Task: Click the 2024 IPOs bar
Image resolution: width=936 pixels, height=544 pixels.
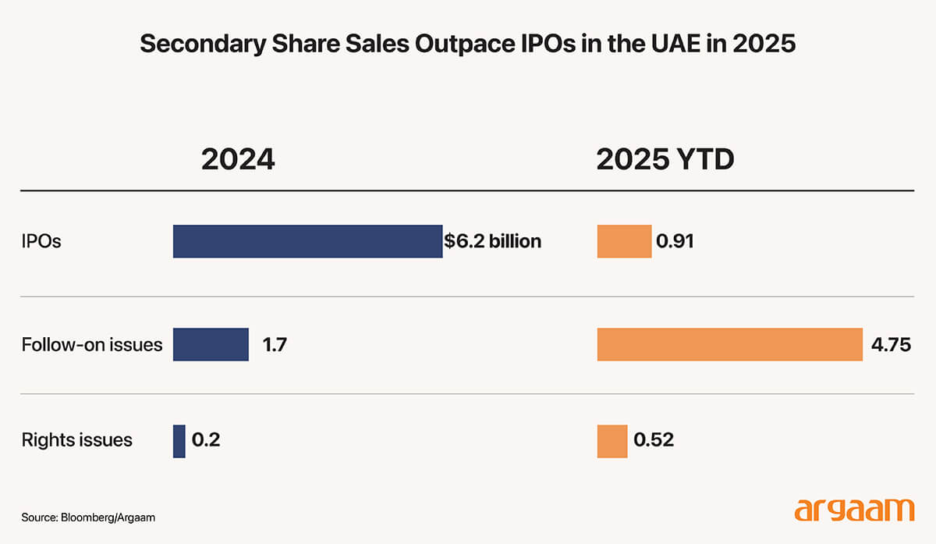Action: pyautogui.click(x=307, y=241)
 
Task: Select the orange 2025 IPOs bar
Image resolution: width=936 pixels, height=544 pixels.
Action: pyautogui.click(x=624, y=241)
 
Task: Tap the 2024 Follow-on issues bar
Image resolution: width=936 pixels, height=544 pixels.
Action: pyautogui.click(x=211, y=344)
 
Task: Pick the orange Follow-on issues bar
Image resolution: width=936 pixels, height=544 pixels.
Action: pyautogui.click(x=729, y=344)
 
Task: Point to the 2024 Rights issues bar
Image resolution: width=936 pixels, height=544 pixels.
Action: pyautogui.click(x=179, y=441)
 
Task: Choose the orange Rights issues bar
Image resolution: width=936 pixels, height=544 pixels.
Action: pyautogui.click(x=612, y=441)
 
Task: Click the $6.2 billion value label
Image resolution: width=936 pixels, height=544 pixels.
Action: pyautogui.click(x=492, y=241)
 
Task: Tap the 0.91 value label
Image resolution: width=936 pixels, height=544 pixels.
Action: pyautogui.click(x=675, y=241)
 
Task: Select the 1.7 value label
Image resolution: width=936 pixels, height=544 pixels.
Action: pyautogui.click(x=275, y=344)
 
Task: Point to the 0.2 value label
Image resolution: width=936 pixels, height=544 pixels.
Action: pyautogui.click(x=206, y=440)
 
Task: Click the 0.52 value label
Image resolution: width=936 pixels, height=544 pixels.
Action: pyautogui.click(x=654, y=440)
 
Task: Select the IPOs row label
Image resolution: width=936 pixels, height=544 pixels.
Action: pyautogui.click(x=41, y=241)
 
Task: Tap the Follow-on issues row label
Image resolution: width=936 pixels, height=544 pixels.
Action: pyautogui.click(x=92, y=344)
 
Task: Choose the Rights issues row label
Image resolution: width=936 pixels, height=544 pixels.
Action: pyautogui.click(x=77, y=440)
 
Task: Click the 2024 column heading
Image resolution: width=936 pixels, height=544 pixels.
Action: pyautogui.click(x=238, y=159)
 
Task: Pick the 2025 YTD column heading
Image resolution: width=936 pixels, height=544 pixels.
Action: pyautogui.click(x=665, y=159)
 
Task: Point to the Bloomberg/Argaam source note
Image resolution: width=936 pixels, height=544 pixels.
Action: pyautogui.click(x=83, y=517)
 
